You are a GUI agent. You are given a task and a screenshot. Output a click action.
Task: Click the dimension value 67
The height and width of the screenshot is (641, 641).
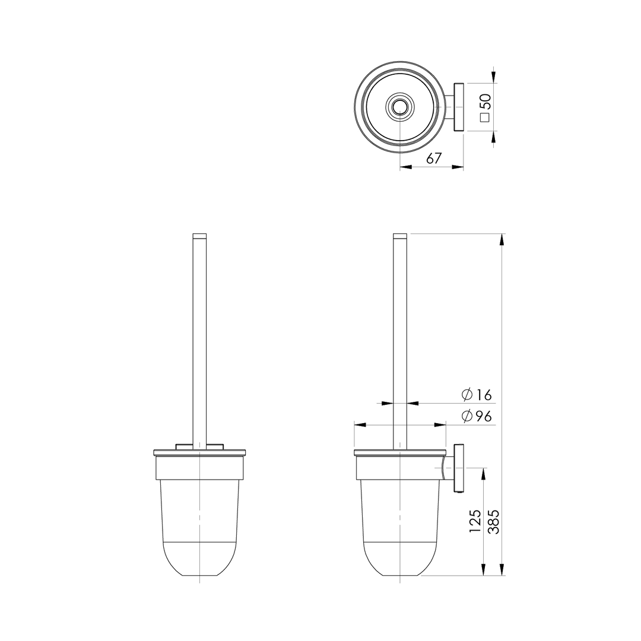point(434,158)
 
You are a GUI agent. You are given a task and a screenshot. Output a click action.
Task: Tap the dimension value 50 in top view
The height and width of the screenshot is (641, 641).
point(485,101)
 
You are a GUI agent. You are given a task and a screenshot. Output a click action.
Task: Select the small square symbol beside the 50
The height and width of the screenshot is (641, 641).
point(485,118)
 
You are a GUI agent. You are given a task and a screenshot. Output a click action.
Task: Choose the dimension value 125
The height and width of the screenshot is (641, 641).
point(475,521)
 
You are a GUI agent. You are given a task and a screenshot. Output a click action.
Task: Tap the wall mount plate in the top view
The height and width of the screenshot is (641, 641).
point(459,107)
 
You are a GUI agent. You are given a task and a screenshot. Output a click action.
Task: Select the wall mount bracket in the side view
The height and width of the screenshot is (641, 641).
point(459,468)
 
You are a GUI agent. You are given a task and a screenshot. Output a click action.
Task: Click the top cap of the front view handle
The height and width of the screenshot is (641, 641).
point(199,236)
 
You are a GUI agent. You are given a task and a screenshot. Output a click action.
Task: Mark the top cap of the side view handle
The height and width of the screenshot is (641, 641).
point(400,236)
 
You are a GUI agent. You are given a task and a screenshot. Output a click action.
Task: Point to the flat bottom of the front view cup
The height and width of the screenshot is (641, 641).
point(199,575)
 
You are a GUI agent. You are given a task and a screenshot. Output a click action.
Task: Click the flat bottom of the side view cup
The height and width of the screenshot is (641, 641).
point(400,575)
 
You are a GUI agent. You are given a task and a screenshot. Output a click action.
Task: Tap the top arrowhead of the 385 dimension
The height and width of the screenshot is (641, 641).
point(502,239)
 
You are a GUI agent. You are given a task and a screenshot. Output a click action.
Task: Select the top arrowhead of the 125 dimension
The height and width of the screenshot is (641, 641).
point(484,474)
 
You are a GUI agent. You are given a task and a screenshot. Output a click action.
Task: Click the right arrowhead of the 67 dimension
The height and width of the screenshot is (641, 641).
point(458,167)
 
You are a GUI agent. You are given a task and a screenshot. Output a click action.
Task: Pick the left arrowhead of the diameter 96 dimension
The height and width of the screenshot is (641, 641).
point(360,425)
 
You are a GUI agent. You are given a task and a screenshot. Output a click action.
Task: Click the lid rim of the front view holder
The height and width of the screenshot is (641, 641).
point(199,453)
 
